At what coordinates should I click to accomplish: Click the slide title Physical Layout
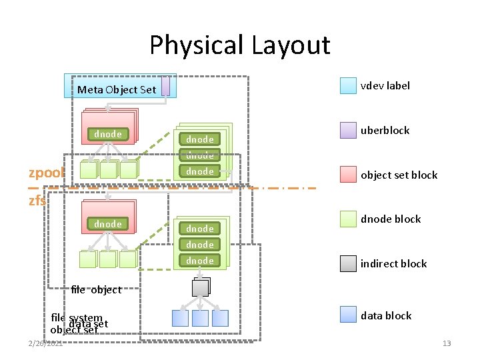pyautogui.click(x=239, y=45)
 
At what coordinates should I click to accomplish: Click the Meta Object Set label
pyautogui.click(x=117, y=89)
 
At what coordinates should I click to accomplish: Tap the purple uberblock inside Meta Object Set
pyautogui.click(x=165, y=87)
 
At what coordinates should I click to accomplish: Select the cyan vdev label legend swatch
pyautogui.click(x=348, y=85)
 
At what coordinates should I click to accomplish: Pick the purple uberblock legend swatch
pyautogui.click(x=348, y=130)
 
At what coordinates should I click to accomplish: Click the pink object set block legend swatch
pyautogui.click(x=348, y=175)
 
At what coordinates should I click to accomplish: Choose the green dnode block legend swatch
pyautogui.click(x=348, y=219)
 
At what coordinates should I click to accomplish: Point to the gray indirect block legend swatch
pyautogui.click(x=348, y=263)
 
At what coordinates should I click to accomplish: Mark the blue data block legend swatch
pyautogui.click(x=348, y=315)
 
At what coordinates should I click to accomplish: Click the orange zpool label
pyautogui.click(x=47, y=173)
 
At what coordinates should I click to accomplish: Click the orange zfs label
pyautogui.click(x=37, y=199)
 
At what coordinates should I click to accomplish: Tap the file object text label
pyautogui.click(x=96, y=289)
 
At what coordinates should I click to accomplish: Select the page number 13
pyautogui.click(x=446, y=343)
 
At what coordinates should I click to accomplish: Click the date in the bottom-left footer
pyautogui.click(x=45, y=343)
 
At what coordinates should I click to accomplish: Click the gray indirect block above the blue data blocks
pyautogui.click(x=200, y=287)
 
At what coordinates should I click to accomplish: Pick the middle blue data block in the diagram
pyautogui.click(x=200, y=318)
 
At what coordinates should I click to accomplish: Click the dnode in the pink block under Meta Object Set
pyautogui.click(x=108, y=134)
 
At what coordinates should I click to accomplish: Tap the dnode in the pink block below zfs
pyautogui.click(x=108, y=224)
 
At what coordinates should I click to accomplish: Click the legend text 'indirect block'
pyautogui.click(x=393, y=263)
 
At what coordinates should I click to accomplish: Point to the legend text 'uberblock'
pyautogui.click(x=385, y=130)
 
